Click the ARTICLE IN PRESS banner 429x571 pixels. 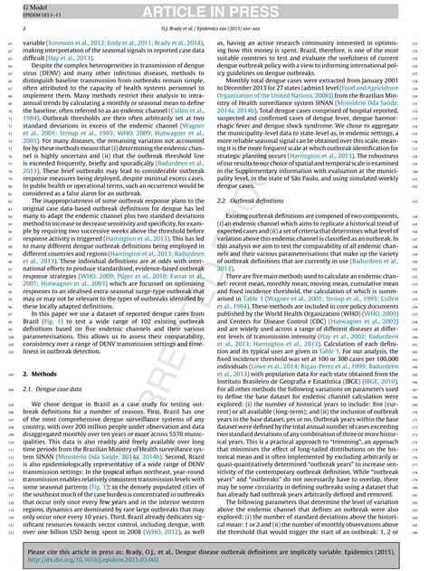point(214,10)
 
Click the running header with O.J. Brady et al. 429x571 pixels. point(214,28)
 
